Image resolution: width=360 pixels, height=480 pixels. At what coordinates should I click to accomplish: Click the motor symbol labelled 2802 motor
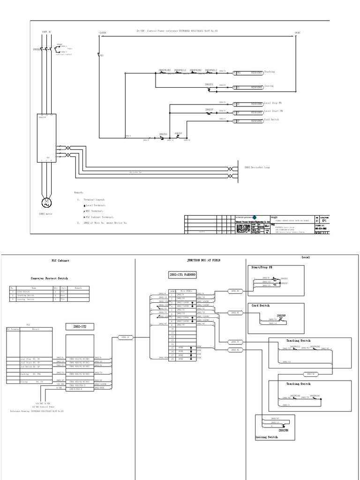[46, 202]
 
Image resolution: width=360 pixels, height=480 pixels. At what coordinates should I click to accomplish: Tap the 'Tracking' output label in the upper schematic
[270, 72]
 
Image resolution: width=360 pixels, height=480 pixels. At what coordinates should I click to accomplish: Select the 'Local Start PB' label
[273, 112]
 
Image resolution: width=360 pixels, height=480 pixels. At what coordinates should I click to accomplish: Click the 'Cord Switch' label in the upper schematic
[271, 120]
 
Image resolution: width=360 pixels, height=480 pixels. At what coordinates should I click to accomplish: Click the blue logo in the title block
[255, 217]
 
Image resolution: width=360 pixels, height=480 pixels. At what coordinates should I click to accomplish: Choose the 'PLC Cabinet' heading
[60, 261]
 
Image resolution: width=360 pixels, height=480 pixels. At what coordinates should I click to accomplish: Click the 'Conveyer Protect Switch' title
[49, 278]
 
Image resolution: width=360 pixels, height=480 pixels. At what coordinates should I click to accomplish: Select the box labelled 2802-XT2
[80, 326]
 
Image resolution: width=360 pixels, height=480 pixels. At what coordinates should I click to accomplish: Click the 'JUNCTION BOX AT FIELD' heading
[203, 260]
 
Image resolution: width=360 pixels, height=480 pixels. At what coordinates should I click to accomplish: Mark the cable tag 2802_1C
[124, 337]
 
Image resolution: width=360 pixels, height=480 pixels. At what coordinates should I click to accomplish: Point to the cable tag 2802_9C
[310, 374]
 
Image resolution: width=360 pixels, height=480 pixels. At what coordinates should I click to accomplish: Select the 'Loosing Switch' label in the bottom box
[266, 436]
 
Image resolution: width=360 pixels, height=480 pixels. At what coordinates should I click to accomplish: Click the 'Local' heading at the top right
[306, 257]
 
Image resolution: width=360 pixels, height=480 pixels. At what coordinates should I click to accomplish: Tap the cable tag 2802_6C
[235, 312]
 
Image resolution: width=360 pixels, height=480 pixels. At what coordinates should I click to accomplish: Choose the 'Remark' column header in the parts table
[78, 288]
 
